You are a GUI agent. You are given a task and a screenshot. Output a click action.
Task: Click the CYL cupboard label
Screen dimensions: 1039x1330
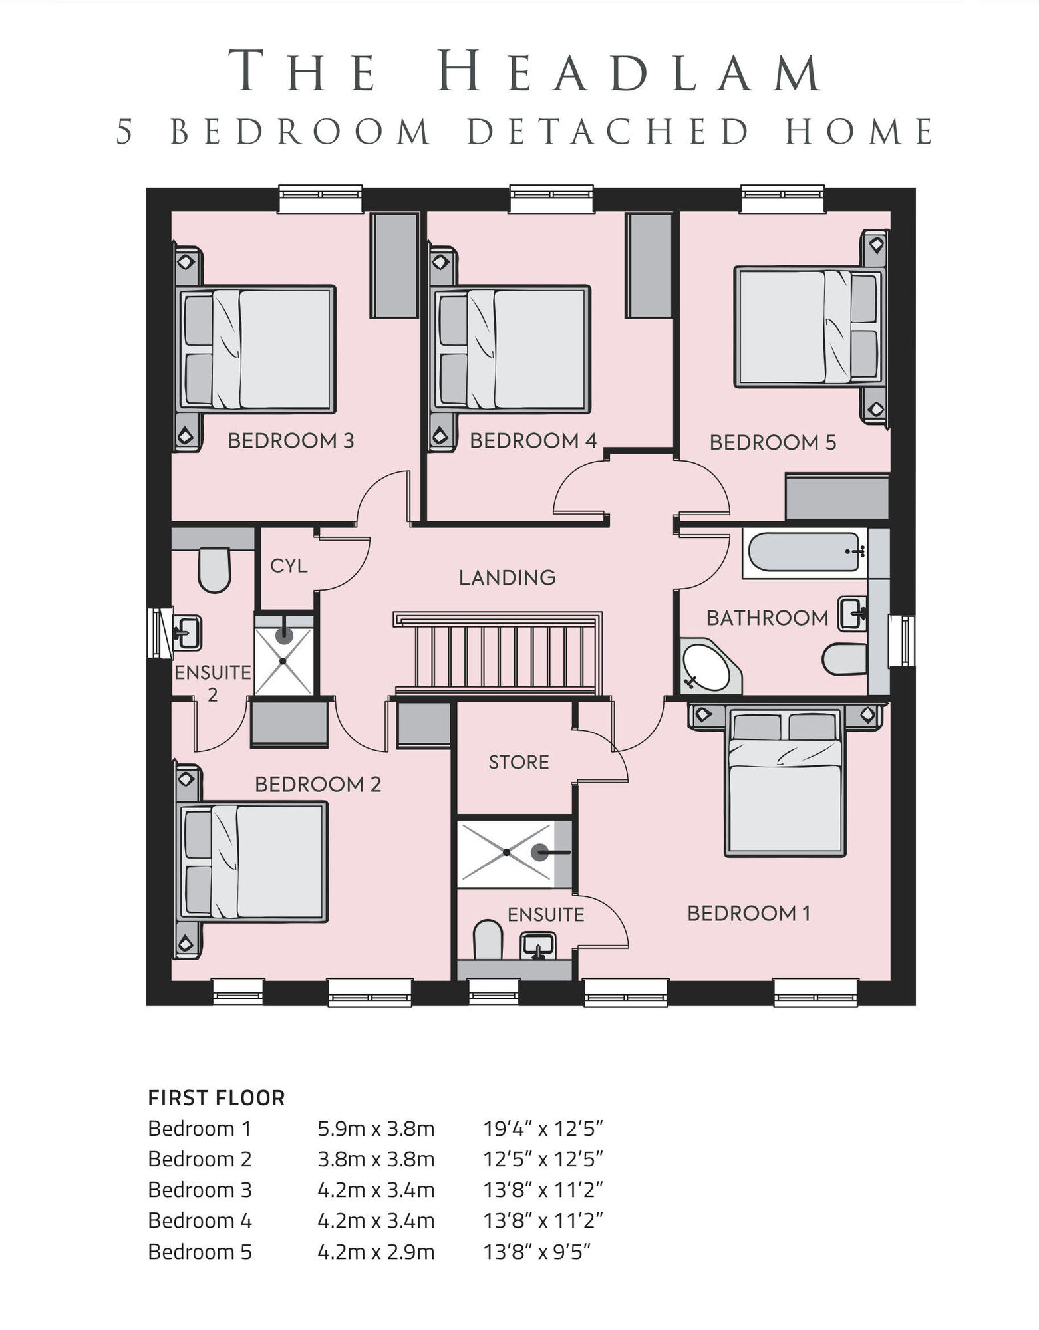[289, 565]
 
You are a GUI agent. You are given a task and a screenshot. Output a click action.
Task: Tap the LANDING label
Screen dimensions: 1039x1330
[507, 577]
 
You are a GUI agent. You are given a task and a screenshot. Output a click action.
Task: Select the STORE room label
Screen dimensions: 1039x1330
[519, 762]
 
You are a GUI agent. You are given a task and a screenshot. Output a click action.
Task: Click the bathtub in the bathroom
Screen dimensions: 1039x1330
[805, 553]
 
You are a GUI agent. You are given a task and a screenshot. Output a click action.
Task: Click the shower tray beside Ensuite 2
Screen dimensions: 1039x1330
[284, 655]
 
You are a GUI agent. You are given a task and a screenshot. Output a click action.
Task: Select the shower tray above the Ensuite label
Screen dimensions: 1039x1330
[515, 853]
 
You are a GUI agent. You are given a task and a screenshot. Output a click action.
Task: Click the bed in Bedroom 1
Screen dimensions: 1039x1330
[786, 782]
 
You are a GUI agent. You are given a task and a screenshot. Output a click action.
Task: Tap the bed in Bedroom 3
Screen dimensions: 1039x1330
[256, 348]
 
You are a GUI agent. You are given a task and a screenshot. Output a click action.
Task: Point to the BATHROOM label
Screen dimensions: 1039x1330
[768, 618]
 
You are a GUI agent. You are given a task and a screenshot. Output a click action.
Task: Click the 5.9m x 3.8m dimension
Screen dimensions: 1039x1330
[376, 1129]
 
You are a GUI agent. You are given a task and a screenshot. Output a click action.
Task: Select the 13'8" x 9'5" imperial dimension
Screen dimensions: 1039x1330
[537, 1252]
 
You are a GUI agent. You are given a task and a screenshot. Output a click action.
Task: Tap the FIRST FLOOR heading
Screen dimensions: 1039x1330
[216, 1098]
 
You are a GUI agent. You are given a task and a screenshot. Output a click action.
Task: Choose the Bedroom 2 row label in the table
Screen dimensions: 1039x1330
[200, 1159]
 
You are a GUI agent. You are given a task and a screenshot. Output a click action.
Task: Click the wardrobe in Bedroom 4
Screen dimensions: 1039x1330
[649, 265]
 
